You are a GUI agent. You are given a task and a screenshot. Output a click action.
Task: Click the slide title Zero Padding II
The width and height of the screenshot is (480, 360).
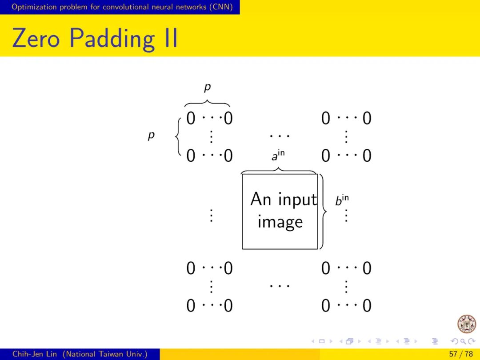tap(95, 38)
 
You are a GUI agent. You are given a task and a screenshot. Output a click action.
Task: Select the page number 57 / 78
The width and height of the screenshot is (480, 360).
tap(461, 354)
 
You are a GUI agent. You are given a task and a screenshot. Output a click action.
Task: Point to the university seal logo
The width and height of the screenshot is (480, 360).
tap(466, 324)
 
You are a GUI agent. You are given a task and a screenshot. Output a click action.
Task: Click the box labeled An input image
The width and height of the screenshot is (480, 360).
tap(280, 211)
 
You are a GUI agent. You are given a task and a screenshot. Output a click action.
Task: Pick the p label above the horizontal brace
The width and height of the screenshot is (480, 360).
tap(207, 88)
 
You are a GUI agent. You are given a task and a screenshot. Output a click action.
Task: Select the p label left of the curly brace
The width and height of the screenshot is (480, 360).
tap(151, 136)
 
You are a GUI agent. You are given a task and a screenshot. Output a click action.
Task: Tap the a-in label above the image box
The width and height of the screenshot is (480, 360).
tap(278, 156)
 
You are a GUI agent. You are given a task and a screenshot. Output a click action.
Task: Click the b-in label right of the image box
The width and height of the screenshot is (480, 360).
tap(341, 200)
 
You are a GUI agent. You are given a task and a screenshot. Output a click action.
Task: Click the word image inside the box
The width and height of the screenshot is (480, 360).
tap(280, 222)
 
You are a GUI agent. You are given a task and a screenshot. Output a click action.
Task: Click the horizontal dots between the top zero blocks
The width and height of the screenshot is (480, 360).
tap(280, 135)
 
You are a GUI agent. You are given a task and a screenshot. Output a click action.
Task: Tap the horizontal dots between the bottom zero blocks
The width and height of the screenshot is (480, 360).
tap(280, 285)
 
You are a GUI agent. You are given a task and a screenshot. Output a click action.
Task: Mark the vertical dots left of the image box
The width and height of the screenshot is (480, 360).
tap(211, 216)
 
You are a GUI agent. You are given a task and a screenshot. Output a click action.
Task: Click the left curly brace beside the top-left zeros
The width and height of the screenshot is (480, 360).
tap(178, 137)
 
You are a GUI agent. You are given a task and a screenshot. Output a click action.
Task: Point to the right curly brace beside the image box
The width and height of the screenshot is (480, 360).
tap(323, 211)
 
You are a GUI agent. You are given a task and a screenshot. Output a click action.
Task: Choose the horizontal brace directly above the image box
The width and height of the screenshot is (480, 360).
tap(278, 170)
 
